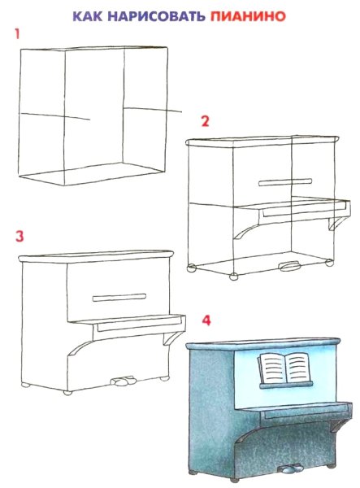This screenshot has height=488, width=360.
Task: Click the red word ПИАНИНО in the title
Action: pos(248,16)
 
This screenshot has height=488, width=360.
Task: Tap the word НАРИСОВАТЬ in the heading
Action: pos(156,16)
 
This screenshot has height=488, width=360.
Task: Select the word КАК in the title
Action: pos(88,16)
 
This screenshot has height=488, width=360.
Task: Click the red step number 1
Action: pos(17,34)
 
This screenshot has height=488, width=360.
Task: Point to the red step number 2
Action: pos(205,121)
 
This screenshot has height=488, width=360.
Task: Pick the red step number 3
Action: pos(20,236)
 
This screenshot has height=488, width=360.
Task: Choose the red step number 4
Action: pos(206,320)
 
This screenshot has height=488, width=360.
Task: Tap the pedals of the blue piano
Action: pos(290,468)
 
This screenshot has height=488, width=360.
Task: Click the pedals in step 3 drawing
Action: pos(124,381)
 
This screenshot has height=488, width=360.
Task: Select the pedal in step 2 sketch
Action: pos(290,266)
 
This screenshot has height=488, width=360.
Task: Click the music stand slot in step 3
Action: pos(119,298)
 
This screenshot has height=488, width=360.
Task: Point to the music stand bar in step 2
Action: pos(285,182)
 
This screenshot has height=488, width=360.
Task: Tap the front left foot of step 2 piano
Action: pos(233,276)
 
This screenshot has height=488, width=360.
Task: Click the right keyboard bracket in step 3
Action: pos(171,338)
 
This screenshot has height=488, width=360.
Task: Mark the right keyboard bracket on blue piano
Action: pos(339,425)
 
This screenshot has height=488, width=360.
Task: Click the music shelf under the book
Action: pos(286,386)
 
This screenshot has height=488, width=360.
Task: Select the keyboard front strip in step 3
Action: pos(140,325)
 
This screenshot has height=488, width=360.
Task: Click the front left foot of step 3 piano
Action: pos(67,393)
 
